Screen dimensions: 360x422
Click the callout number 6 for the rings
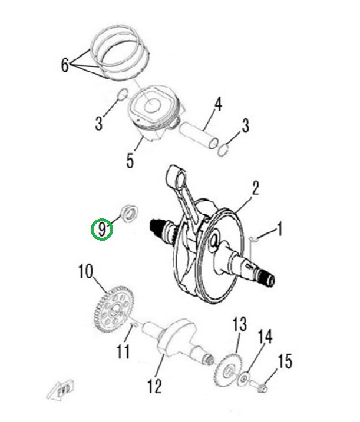(x=65, y=65)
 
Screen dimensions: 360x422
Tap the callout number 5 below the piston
(x=130, y=161)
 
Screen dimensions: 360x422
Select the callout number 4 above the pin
(x=218, y=104)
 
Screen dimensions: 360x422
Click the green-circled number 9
(x=102, y=230)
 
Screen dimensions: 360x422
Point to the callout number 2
(x=255, y=188)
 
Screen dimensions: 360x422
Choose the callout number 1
(x=280, y=229)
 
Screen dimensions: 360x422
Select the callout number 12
(x=155, y=386)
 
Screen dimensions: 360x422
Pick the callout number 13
(x=240, y=324)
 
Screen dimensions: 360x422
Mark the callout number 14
(x=265, y=337)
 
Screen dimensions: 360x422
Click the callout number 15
(x=285, y=361)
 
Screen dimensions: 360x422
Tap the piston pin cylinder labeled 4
(x=199, y=135)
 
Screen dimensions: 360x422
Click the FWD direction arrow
(x=61, y=389)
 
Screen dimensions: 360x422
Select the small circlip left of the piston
(x=123, y=94)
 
